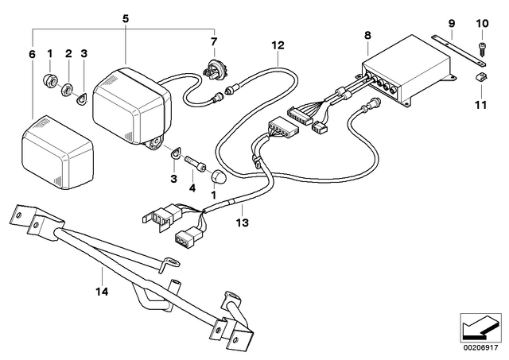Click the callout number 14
click(102, 292)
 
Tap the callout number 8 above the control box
click(367, 35)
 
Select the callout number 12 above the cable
click(278, 45)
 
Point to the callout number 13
click(243, 223)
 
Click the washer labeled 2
click(68, 90)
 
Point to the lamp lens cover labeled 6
click(58, 153)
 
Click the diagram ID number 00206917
click(480, 348)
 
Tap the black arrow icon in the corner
click(480, 327)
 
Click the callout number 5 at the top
click(126, 18)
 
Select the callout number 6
click(32, 54)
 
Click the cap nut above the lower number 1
click(218, 176)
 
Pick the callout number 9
click(452, 23)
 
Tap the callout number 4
click(192, 188)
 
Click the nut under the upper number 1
click(50, 79)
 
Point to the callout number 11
click(480, 105)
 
